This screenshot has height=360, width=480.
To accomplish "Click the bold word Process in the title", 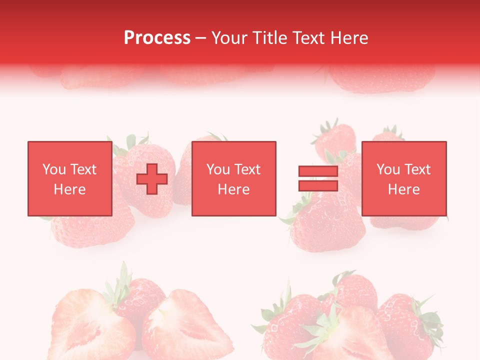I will (x=157, y=38).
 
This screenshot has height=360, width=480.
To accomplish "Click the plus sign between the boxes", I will (x=152, y=178).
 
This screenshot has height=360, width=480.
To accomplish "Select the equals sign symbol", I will (x=318, y=178).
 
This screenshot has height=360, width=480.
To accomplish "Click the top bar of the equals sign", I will (x=318, y=171).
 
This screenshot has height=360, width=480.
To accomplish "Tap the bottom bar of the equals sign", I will (x=318, y=185).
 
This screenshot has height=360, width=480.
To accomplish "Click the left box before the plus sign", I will (x=70, y=178).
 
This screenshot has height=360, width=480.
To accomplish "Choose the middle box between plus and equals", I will (x=234, y=178).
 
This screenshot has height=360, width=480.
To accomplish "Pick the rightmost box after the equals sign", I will (x=404, y=178).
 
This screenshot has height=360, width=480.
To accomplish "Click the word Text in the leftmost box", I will (x=83, y=169).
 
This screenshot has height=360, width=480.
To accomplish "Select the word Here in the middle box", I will (x=234, y=189).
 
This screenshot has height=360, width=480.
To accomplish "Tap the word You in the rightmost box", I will (x=388, y=169).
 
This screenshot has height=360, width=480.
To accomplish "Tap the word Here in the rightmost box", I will (x=404, y=189).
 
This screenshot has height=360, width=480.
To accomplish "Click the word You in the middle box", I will (x=218, y=169).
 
